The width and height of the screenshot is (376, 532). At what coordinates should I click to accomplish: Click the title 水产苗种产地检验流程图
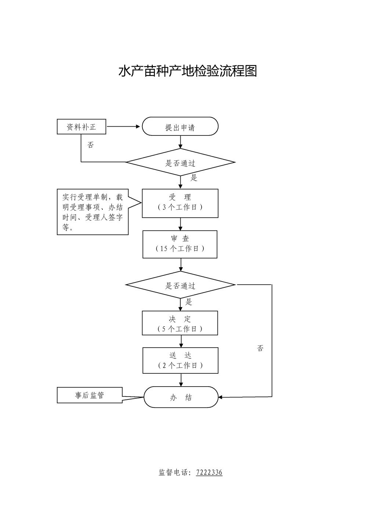188,71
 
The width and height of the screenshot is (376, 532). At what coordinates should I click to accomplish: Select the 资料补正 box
82,127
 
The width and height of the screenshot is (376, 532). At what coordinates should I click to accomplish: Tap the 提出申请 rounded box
180,126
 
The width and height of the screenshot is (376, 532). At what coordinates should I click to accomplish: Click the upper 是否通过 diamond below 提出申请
180,162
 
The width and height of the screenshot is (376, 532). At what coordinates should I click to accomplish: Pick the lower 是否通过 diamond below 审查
180,285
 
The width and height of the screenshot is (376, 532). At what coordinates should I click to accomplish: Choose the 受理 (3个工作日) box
180,203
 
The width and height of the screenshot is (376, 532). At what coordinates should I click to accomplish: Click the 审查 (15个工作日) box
180,244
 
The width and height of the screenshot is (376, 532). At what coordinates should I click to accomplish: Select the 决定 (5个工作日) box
180,323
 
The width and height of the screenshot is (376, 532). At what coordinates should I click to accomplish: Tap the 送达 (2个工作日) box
180,360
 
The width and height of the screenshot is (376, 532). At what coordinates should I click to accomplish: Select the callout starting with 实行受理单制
93,212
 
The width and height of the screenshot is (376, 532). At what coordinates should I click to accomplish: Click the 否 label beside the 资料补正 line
90,145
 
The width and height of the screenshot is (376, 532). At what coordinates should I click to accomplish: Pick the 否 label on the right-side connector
260,348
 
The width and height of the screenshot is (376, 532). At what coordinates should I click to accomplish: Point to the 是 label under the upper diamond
194,178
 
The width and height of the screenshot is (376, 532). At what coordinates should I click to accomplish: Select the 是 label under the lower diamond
189,302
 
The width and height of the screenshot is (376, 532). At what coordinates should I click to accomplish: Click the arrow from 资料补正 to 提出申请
123,127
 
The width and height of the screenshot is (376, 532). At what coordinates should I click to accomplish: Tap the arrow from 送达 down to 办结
181,380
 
